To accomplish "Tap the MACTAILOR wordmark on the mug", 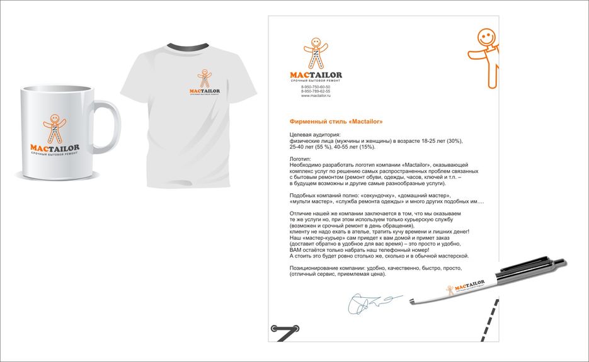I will [55, 148].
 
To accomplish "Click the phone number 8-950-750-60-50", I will [316, 87].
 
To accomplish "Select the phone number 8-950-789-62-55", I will [316, 91].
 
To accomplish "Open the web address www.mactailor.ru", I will [316, 96].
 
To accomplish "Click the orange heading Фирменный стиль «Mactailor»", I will [336, 121].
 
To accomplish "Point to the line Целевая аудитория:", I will [314, 135].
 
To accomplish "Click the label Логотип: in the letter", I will [301, 160].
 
